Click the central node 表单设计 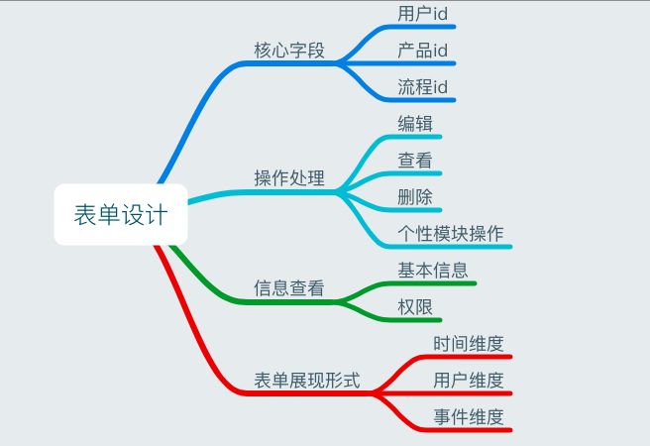120,214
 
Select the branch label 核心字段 289,51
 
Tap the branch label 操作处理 289,179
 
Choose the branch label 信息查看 289,288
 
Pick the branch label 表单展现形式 307,381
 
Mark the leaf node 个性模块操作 451,234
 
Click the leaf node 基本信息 433,270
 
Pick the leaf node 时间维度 469,344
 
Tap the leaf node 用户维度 469,381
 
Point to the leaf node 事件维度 469,417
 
